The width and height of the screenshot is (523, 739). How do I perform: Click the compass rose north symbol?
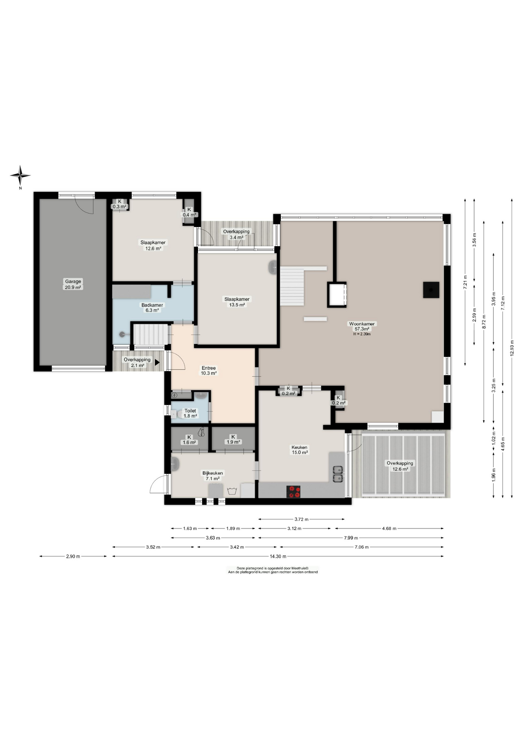20,176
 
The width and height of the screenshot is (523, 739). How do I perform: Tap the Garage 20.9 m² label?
73,284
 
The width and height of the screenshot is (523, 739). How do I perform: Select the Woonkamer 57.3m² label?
362,326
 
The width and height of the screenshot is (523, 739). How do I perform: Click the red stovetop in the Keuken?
294,492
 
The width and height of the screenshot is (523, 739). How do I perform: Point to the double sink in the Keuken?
338,474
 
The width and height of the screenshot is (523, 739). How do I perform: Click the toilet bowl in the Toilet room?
174,414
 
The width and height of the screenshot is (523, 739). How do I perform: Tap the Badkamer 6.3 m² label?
152,308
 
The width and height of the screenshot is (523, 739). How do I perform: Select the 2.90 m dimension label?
73,556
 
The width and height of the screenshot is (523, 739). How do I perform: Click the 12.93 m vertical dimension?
512,348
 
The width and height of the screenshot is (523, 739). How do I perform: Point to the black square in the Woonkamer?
431,290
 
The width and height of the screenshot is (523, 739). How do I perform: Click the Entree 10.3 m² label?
209,370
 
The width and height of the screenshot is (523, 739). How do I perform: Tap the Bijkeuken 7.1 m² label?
213,476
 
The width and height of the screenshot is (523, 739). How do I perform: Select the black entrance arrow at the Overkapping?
157,362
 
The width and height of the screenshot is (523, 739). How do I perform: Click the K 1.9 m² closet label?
233,440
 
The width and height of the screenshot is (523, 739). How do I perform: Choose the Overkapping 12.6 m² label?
400,466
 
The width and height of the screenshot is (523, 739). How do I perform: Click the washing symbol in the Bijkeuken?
232,491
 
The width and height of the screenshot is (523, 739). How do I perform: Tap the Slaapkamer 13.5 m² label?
237,302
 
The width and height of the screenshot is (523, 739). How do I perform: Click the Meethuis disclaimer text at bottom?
273,570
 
